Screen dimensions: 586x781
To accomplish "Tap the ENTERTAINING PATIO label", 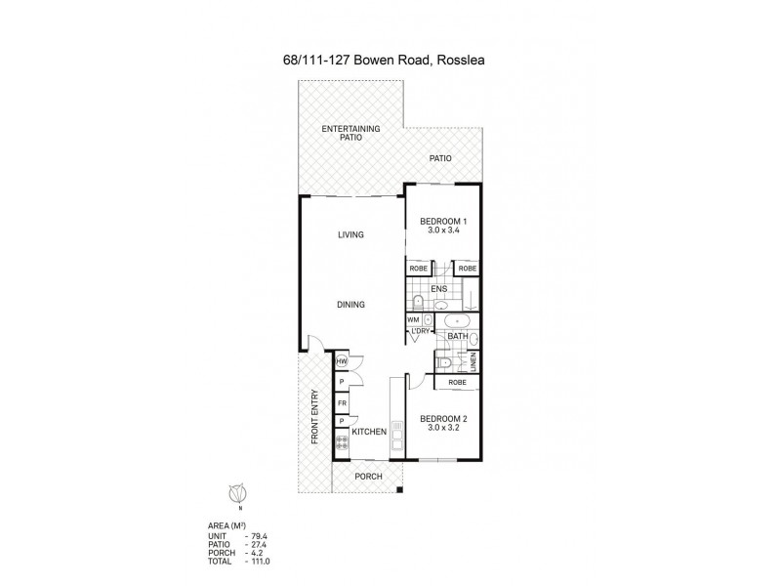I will pos(349,135).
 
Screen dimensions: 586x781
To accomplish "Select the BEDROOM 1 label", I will pos(442,222).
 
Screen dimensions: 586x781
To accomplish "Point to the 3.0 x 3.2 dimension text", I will pos(442,429).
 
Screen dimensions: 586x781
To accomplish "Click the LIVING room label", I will pos(350,234).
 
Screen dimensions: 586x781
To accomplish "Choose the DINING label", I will pos(350,305).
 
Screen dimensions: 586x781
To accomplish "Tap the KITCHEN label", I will pos(369,432).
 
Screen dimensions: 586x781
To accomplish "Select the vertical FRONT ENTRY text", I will pos(314,418).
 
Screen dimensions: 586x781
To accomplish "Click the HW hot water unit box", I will pos(342,362).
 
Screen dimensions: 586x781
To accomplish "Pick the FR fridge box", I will pos(342,402).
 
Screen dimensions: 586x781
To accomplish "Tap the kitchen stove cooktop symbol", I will pos(342,441).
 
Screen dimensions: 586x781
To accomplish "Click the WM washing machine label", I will pos(414,319).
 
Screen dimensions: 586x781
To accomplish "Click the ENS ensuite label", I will pos(439,288).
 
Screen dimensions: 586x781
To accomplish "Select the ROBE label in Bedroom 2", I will pos(457,384).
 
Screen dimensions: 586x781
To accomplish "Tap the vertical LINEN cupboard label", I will pos(473,363).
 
